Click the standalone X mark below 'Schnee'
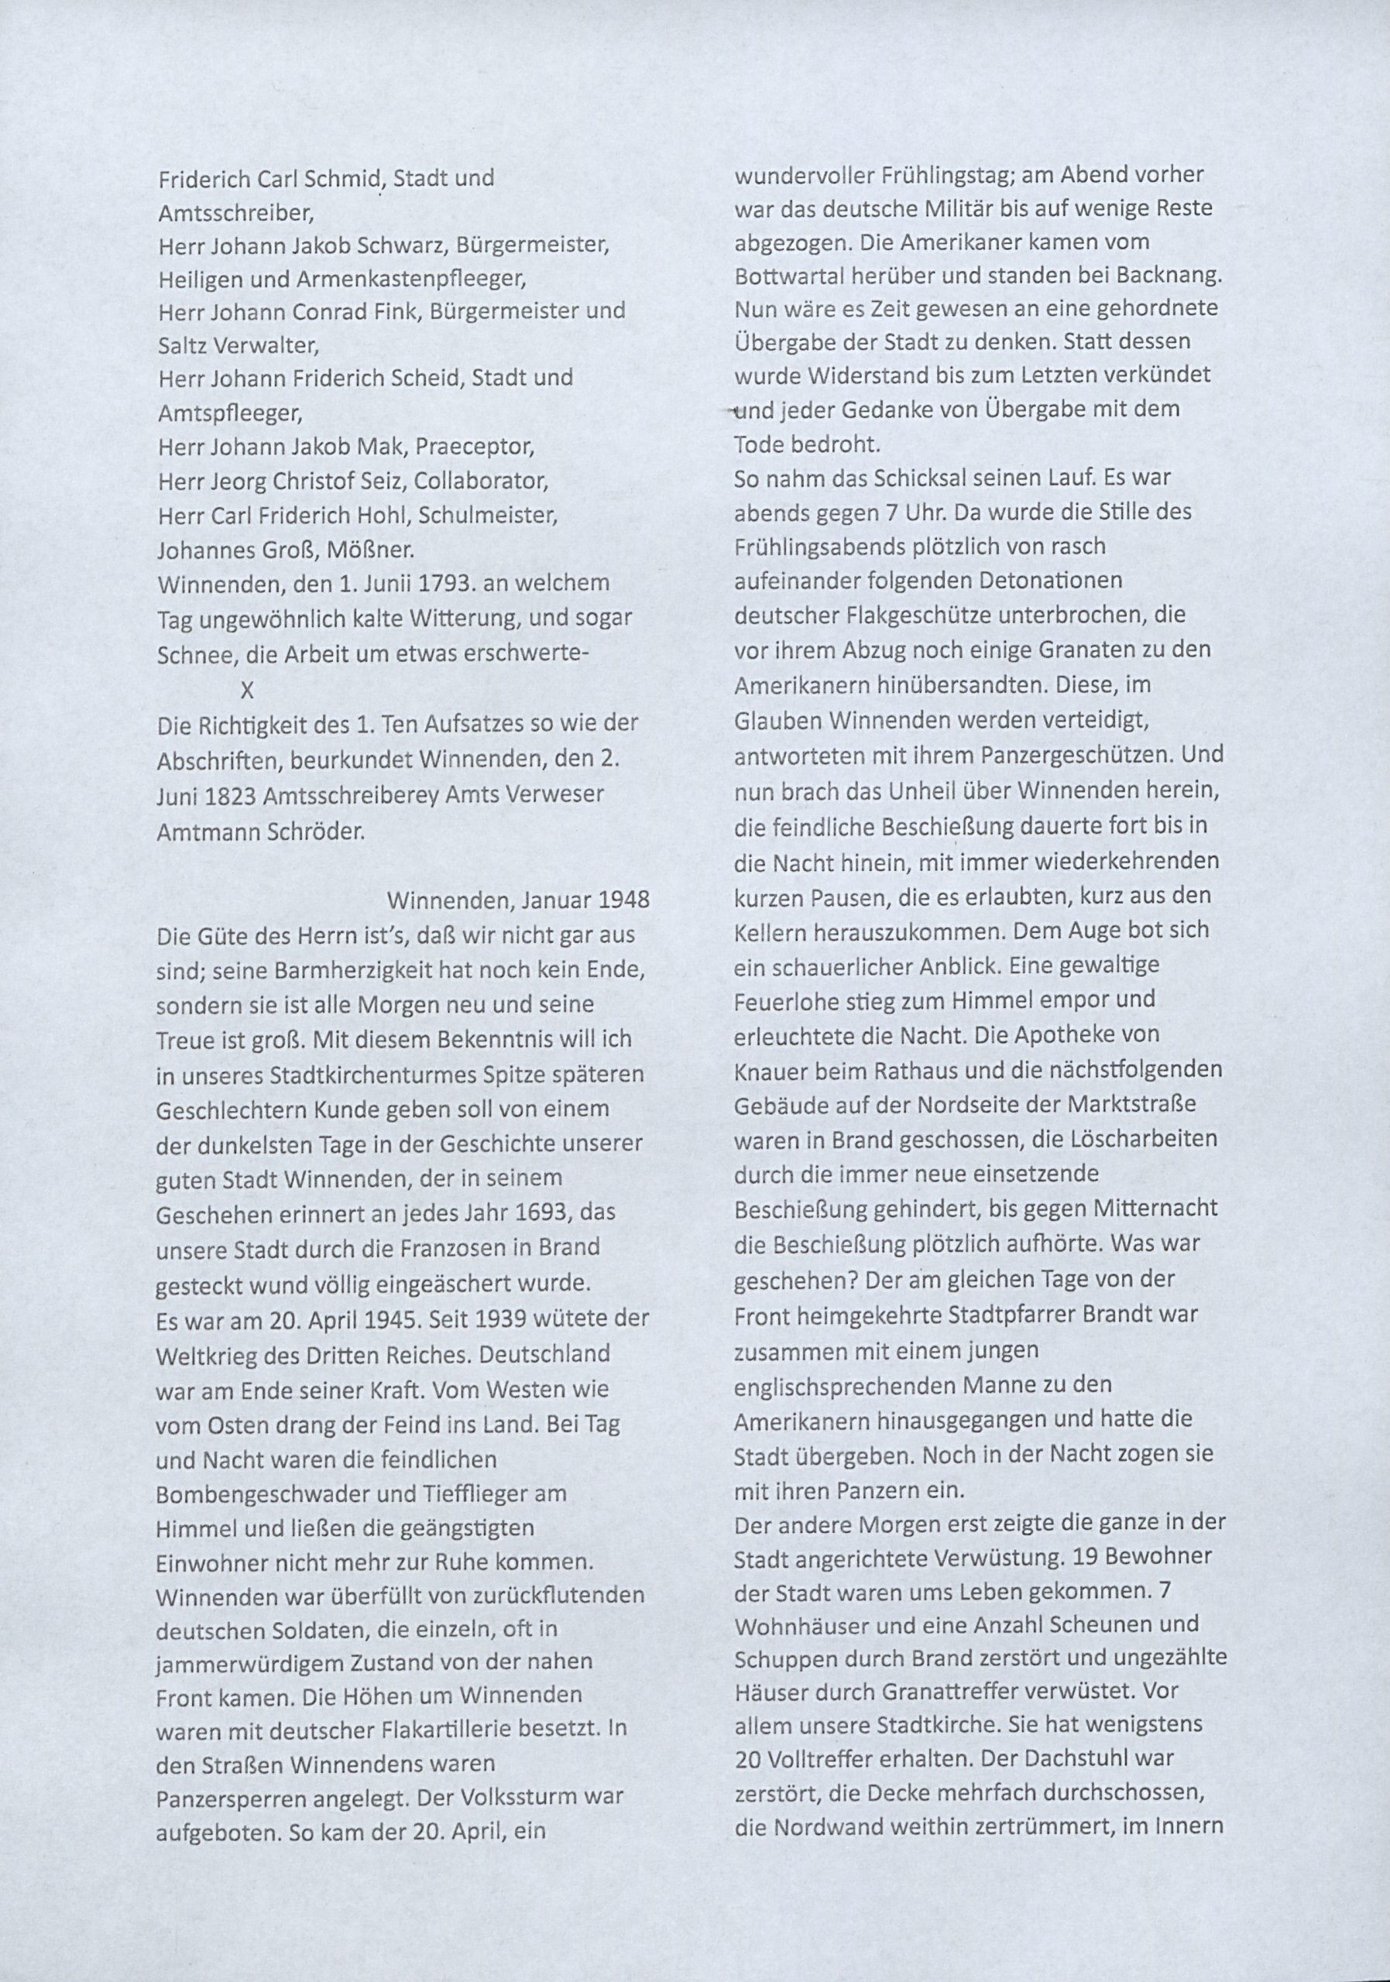pyautogui.click(x=247, y=690)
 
